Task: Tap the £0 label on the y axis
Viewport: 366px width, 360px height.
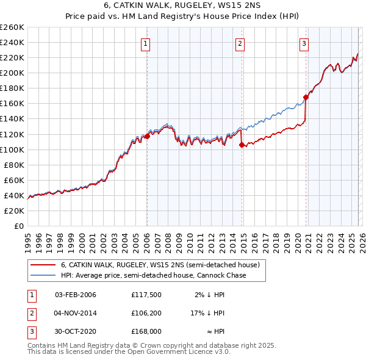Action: (x=18, y=226)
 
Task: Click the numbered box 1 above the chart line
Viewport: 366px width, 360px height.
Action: (x=147, y=43)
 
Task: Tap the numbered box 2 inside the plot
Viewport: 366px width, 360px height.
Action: (x=240, y=43)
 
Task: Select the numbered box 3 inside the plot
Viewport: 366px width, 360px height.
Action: (x=304, y=43)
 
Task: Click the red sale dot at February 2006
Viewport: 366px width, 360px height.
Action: (x=147, y=136)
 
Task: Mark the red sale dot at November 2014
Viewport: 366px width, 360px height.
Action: (x=242, y=145)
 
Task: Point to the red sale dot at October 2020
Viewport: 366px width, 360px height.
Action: (x=306, y=96)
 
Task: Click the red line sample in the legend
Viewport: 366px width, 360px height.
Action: (x=42, y=265)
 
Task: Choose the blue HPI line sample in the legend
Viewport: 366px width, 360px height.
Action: (x=42, y=275)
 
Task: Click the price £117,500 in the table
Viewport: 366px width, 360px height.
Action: (x=146, y=295)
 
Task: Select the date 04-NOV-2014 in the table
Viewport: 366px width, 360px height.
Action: (x=76, y=313)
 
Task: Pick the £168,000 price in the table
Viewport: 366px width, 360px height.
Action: (x=146, y=331)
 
